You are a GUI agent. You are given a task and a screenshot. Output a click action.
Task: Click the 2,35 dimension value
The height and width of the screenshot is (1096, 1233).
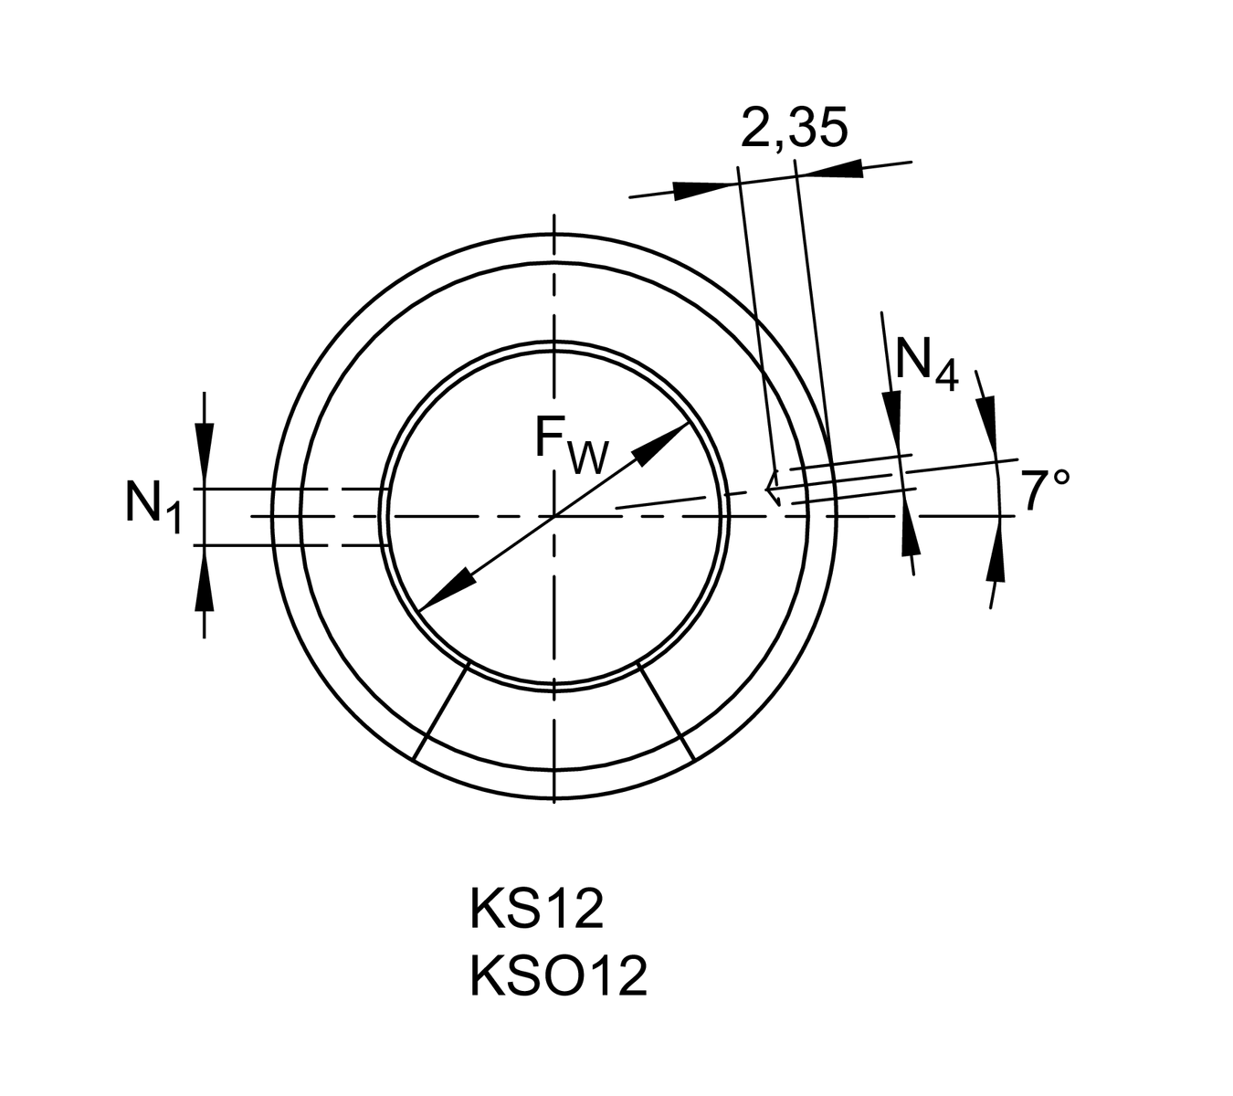pos(794,128)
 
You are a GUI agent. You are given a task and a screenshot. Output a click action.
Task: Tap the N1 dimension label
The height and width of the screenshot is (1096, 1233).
pos(153,504)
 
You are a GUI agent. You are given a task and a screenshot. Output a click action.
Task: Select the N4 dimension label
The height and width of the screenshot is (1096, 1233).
pos(925,363)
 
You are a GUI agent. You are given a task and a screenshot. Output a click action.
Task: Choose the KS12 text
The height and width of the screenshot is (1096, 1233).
pos(536,910)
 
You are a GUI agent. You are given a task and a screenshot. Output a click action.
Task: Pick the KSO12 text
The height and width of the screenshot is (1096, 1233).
pos(558,976)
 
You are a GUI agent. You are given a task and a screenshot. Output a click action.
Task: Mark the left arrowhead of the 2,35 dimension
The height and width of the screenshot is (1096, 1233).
pos(704,189)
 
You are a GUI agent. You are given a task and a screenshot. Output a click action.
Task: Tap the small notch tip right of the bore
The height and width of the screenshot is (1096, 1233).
pos(768,489)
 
